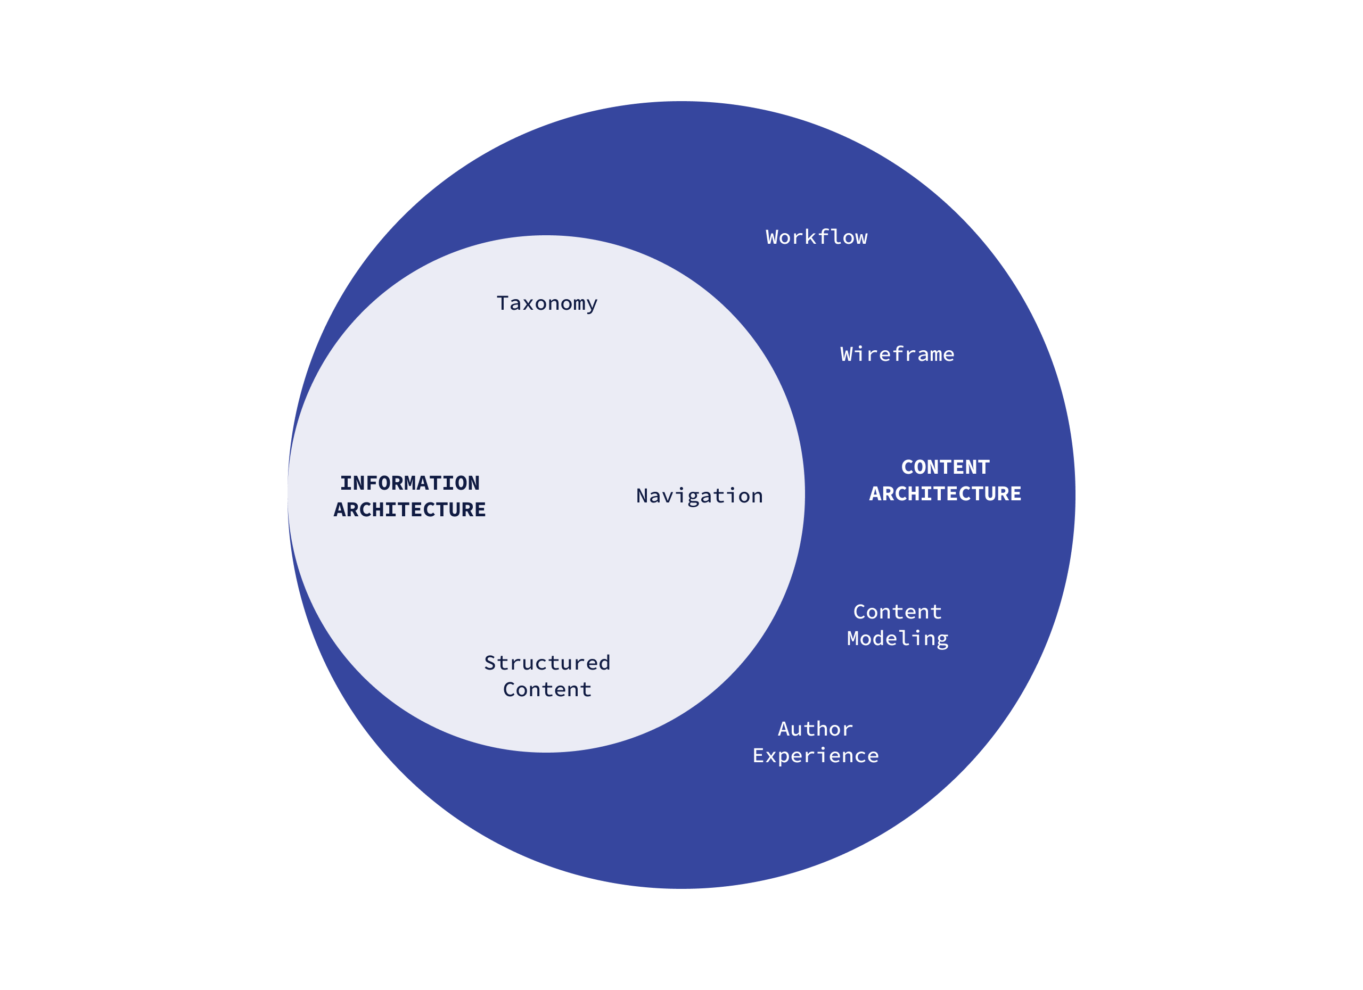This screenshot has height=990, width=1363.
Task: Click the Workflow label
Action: click(x=816, y=237)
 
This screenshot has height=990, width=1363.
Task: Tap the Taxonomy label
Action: click(x=546, y=303)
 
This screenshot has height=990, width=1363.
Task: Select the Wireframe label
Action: click(x=897, y=354)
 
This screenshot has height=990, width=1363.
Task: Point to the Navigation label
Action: click(x=699, y=496)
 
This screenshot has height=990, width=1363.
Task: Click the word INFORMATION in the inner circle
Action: click(x=410, y=483)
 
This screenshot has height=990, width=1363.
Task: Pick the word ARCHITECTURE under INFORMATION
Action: click(x=409, y=509)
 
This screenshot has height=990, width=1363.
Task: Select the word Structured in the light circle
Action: click(x=547, y=663)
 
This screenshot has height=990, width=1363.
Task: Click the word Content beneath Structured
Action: click(x=547, y=689)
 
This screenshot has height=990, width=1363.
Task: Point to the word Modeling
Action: click(x=897, y=639)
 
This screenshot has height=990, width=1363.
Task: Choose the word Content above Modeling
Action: click(x=897, y=612)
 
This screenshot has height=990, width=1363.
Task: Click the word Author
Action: click(x=815, y=729)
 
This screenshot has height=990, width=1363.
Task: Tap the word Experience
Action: click(x=816, y=755)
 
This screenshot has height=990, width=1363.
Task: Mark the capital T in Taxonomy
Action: click(x=503, y=303)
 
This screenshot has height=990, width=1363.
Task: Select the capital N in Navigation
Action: click(x=643, y=496)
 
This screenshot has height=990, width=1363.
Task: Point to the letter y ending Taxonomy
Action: click(x=592, y=304)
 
